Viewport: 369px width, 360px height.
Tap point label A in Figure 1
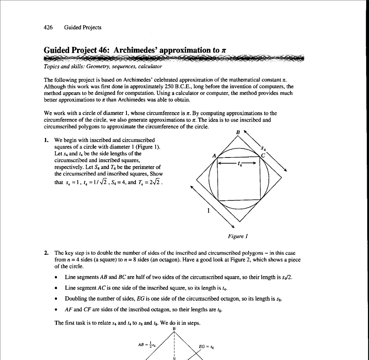[x=214, y=155]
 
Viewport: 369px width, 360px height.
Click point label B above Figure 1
[x=237, y=132]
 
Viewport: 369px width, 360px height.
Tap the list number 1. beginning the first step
[x=46, y=140]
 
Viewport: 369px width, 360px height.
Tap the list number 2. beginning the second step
[x=46, y=253]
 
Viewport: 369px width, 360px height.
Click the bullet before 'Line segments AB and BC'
[x=56, y=277]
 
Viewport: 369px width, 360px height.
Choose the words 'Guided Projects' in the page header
[x=83, y=27]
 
